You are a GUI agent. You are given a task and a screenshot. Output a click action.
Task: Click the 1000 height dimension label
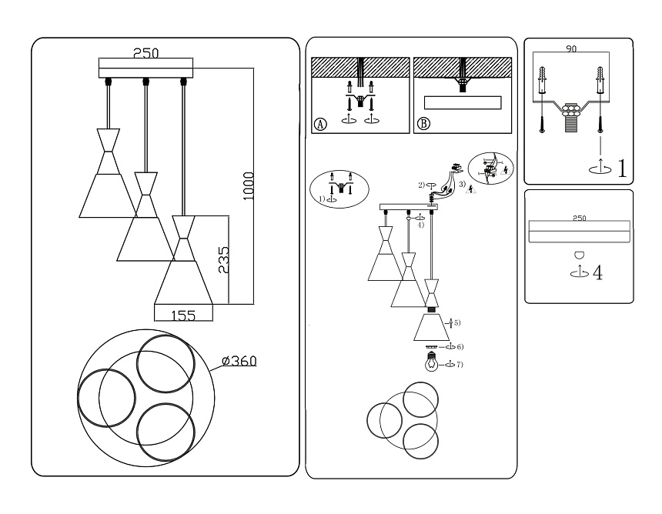248,185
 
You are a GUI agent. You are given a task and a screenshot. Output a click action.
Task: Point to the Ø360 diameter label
238,361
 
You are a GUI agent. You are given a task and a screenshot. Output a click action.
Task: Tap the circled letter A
320,124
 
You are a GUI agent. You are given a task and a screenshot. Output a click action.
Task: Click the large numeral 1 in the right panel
620,169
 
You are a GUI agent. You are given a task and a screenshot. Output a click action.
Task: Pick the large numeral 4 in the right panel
597,272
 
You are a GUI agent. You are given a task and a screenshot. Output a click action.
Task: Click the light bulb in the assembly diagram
432,364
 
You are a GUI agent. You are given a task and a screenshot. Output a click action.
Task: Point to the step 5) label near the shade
456,322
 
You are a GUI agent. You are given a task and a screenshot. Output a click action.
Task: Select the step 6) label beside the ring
459,348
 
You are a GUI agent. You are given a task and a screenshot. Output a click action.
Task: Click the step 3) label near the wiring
462,185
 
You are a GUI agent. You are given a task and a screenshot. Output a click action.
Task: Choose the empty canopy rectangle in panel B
463,103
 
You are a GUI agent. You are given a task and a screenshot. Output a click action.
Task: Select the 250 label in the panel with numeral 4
580,219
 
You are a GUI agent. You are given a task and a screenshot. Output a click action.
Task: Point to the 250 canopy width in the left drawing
145,53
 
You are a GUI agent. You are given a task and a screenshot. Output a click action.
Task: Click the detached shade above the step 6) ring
432,327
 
